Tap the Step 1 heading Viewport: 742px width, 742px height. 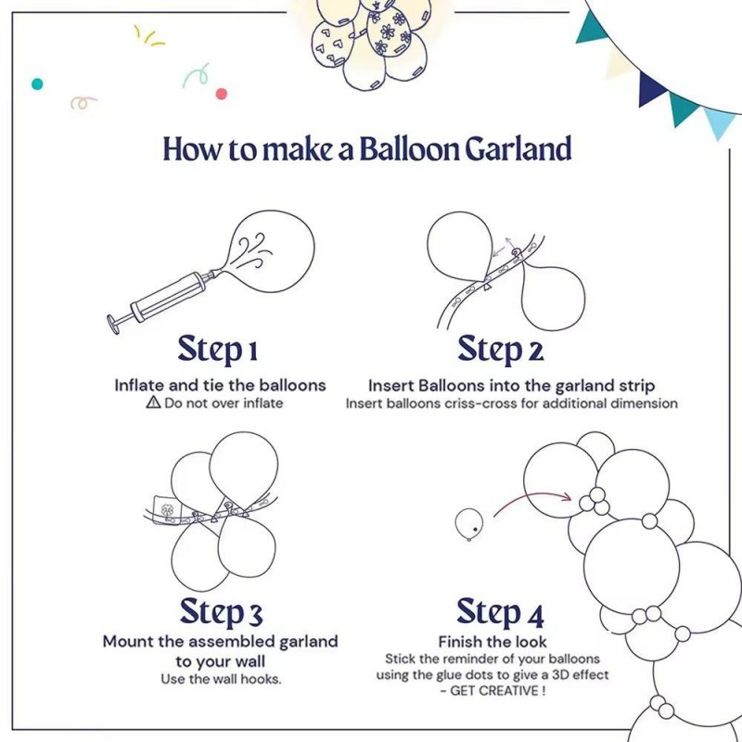point(218,350)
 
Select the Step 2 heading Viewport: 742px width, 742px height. point(501,350)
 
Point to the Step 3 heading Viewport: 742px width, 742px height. point(221,611)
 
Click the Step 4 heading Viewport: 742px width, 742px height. point(500,611)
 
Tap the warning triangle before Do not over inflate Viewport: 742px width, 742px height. point(153,403)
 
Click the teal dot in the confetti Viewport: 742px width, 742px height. point(37,84)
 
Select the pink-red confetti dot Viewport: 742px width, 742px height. point(221,94)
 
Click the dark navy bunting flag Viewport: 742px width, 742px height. point(651,88)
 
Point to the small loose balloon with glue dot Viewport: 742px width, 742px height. point(469,524)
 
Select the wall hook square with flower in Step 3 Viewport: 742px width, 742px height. point(166,510)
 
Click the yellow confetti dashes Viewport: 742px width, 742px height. point(149,36)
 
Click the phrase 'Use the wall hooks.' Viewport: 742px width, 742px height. point(221,679)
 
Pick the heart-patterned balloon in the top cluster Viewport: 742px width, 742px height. point(332,45)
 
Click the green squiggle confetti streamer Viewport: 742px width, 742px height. point(197,75)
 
